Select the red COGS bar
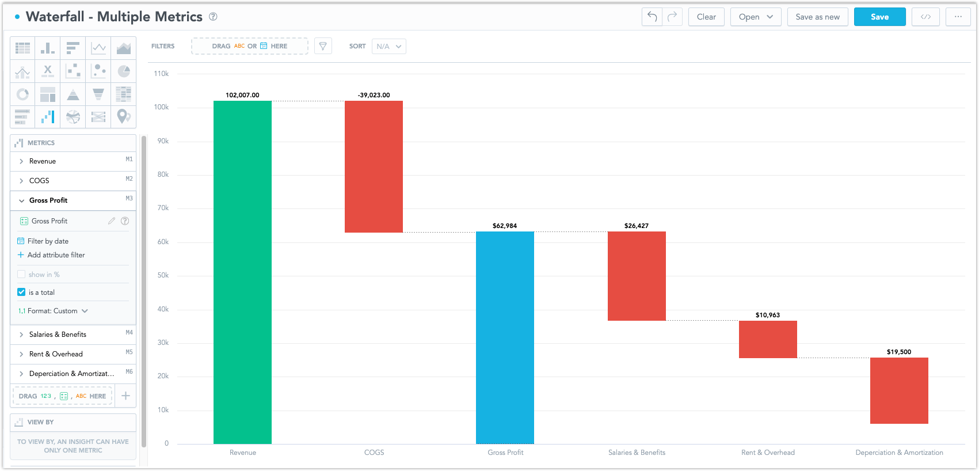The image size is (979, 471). tap(374, 166)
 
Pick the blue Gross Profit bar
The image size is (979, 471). tap(505, 337)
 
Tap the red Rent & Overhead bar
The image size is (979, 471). tap(768, 339)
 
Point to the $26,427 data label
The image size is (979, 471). tap(636, 226)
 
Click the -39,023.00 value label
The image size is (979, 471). tap(374, 95)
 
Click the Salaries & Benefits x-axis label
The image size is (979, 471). tap(637, 453)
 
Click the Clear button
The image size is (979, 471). tap(706, 17)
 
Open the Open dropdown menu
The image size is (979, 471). tap(756, 17)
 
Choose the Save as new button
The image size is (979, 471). tap(817, 17)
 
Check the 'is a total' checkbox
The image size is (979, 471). tap(21, 292)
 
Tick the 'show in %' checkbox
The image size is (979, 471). tap(21, 274)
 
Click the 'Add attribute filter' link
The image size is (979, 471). tap(56, 255)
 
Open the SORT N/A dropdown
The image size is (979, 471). tap(389, 46)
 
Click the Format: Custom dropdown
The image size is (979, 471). tap(53, 311)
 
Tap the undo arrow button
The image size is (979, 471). tap(652, 17)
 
